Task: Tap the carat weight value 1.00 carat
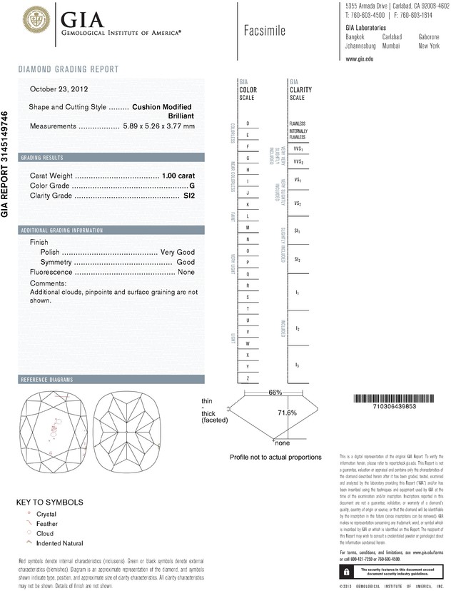point(178,175)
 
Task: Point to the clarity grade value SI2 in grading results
point(188,195)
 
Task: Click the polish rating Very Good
point(178,253)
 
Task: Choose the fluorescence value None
point(186,273)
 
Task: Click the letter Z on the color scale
point(247,378)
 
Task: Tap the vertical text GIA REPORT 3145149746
point(6,163)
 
